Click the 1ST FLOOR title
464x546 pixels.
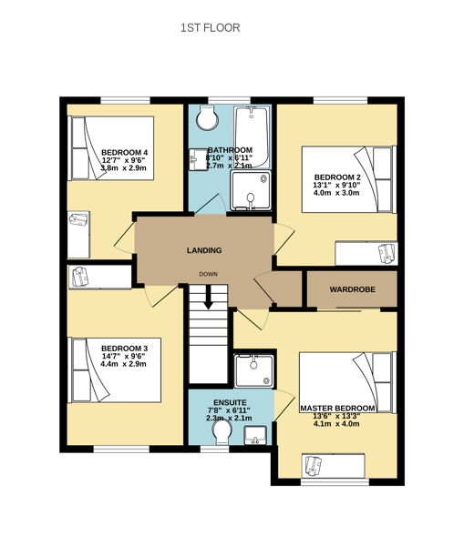coord(210,28)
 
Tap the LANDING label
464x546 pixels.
coord(204,250)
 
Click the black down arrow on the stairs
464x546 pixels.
coord(209,298)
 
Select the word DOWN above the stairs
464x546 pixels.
coord(208,275)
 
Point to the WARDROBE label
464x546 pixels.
coord(353,289)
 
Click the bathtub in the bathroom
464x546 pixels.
coord(252,136)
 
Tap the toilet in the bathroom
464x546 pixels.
coord(207,118)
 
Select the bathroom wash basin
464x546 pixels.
coord(199,160)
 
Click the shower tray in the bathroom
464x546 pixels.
coord(251,191)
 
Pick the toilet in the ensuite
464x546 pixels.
coord(222,432)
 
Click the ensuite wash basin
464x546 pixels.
coord(255,435)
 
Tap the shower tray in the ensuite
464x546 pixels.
coord(254,371)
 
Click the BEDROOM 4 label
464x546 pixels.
coord(125,153)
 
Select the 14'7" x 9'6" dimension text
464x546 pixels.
coord(123,356)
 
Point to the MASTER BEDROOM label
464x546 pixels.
coord(337,408)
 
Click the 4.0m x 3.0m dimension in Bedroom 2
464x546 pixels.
coord(336,193)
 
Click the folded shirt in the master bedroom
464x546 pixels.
coord(314,466)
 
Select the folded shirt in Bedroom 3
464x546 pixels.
coord(80,277)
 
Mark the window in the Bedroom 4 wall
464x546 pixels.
coord(126,101)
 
